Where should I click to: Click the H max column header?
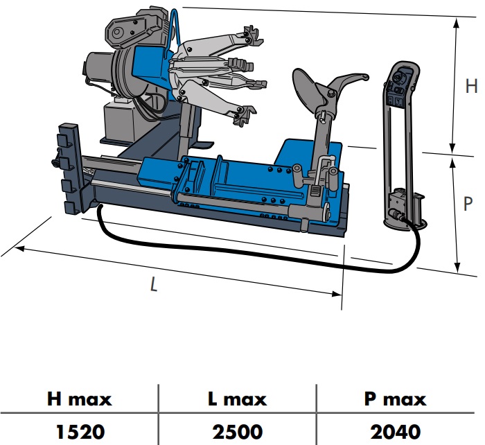click(x=79, y=399)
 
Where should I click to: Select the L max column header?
click(x=237, y=399)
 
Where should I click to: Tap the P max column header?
click(x=395, y=399)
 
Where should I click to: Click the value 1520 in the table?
click(x=79, y=431)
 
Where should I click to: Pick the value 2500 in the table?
click(x=237, y=431)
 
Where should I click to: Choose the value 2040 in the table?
click(x=395, y=431)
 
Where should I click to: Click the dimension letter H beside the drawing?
click(x=471, y=87)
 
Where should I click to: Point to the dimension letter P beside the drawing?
click(x=469, y=205)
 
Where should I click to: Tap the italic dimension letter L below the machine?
click(x=153, y=283)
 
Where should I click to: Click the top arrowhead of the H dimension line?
click(x=455, y=20)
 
